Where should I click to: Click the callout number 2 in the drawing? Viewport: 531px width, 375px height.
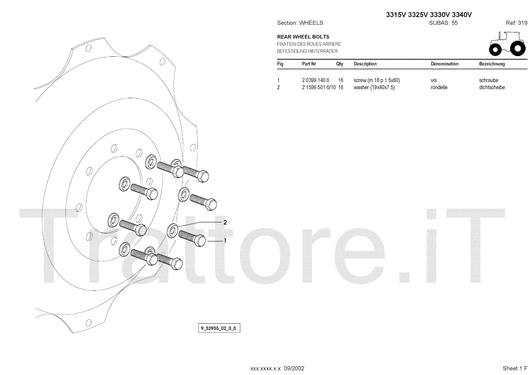(x=225, y=222)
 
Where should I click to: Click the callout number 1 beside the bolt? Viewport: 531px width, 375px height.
(x=225, y=241)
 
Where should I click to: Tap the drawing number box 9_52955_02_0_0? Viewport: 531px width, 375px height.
(x=219, y=329)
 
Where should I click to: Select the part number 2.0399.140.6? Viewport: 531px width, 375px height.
(x=315, y=80)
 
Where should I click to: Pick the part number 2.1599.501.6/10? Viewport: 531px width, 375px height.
(x=319, y=88)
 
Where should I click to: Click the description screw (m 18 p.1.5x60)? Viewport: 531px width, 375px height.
(x=377, y=80)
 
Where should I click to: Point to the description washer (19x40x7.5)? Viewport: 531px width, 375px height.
(x=374, y=88)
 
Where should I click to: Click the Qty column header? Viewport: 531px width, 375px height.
(x=340, y=64)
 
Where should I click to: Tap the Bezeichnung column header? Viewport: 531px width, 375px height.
(x=492, y=64)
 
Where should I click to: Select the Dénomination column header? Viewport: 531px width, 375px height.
(x=444, y=64)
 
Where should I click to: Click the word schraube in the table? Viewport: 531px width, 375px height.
(x=489, y=80)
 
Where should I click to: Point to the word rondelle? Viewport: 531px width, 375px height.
(x=439, y=88)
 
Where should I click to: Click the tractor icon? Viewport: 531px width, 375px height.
(x=507, y=43)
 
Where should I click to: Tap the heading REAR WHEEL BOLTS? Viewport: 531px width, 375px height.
(x=303, y=37)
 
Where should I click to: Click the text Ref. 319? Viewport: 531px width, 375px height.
(x=516, y=23)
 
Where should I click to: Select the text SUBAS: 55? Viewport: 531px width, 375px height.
(x=443, y=23)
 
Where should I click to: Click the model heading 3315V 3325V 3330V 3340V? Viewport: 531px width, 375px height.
(x=429, y=15)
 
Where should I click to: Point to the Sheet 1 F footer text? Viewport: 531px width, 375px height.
(x=515, y=368)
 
